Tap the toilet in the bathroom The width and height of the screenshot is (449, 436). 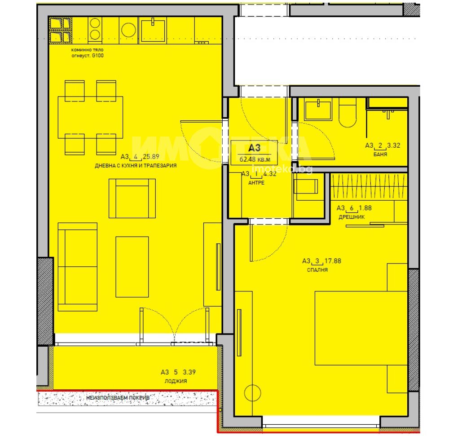pyautogui.click(x=348, y=113)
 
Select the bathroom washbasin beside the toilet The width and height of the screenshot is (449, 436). pyautogui.click(x=318, y=110)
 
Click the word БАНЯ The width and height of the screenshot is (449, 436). pyautogui.click(x=380, y=154)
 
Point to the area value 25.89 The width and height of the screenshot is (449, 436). pyautogui.click(x=151, y=157)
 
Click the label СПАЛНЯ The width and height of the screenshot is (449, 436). pyautogui.click(x=317, y=270)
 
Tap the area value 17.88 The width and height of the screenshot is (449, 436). pyautogui.click(x=333, y=261)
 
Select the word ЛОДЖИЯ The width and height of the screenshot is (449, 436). pyautogui.click(x=176, y=381)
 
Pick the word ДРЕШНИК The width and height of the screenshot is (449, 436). pyautogui.click(x=352, y=217)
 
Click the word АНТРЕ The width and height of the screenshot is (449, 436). pyautogui.click(x=256, y=183)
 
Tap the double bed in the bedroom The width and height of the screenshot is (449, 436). pyautogui.click(x=361, y=328)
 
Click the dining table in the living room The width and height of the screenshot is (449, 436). pyautogui.click(x=91, y=117)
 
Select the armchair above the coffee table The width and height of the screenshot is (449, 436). pyautogui.click(x=132, y=198)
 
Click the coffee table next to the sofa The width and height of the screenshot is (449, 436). pyautogui.click(x=132, y=267)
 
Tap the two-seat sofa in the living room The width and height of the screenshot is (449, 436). pyautogui.click(x=78, y=267)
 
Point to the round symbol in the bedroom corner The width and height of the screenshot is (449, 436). pyautogui.click(x=253, y=393)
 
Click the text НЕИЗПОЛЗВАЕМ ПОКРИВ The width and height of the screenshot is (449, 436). pyautogui.click(x=118, y=398)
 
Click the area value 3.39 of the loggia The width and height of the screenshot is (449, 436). pyautogui.click(x=189, y=372)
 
